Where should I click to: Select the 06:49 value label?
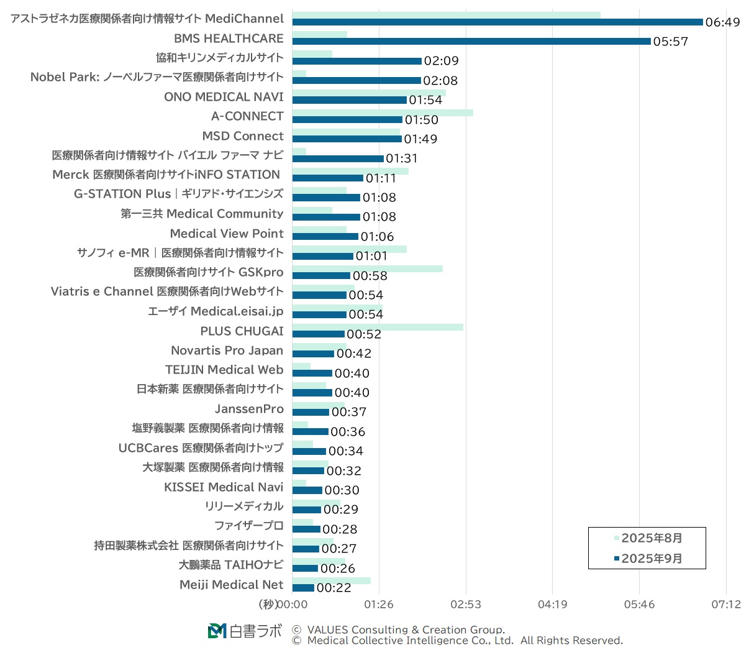(722, 22)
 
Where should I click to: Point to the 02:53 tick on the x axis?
(465, 605)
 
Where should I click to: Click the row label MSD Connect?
(243, 136)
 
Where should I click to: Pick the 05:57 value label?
(670, 42)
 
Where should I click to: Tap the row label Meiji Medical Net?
(231, 585)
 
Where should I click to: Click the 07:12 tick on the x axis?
(725, 605)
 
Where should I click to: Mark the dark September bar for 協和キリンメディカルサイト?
(357, 61)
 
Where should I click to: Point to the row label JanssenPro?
(249, 409)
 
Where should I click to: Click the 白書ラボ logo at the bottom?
(244, 631)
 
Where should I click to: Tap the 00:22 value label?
(334, 588)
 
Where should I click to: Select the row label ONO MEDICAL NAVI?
(224, 97)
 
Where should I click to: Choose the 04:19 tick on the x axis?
(552, 605)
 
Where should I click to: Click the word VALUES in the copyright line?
(327, 630)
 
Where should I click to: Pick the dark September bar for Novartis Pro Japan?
(313, 354)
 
